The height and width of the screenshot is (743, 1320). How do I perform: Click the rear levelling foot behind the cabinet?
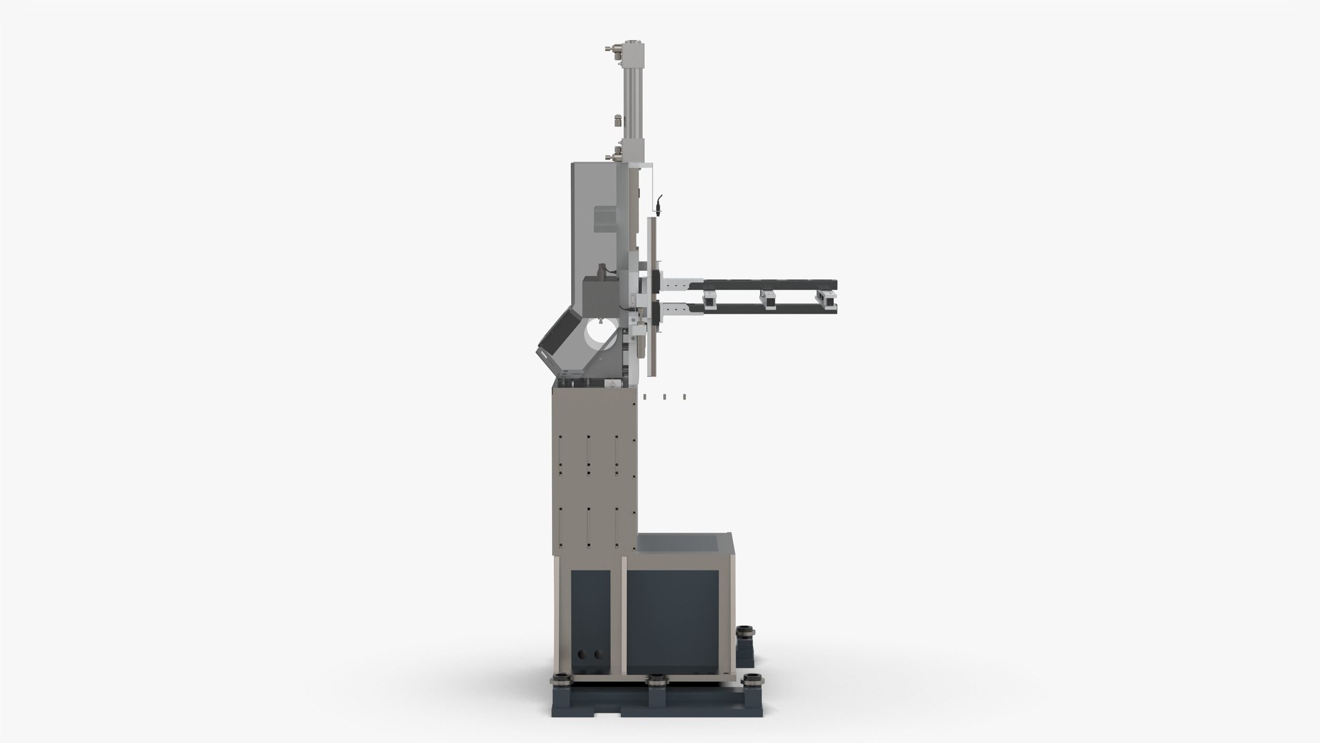(744, 632)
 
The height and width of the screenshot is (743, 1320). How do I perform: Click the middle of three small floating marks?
(664, 396)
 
